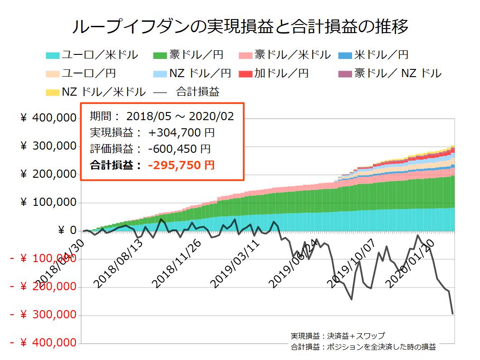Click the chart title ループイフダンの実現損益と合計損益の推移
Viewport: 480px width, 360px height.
pyautogui.click(x=240, y=26)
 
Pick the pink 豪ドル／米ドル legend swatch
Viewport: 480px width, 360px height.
pyautogui.click(x=245, y=56)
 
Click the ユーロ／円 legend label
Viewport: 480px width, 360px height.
pyautogui.click(x=88, y=73)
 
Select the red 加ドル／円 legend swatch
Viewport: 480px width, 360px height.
pyautogui.click(x=245, y=73)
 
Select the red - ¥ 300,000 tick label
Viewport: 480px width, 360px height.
pyautogui.click(x=43, y=315)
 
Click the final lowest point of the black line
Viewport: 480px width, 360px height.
pyautogui.click(x=453, y=314)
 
